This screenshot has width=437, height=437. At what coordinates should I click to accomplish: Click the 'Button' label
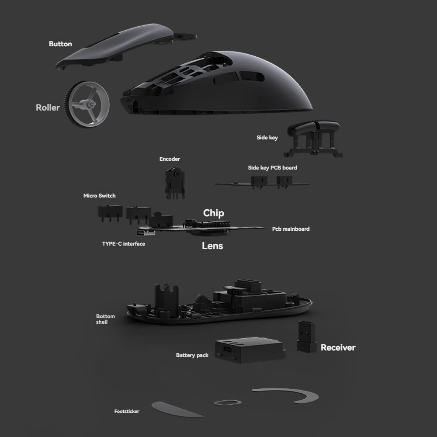[x=60, y=44]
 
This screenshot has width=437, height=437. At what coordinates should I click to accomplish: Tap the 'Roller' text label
[x=48, y=108]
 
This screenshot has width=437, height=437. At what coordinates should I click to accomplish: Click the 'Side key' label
[x=267, y=138]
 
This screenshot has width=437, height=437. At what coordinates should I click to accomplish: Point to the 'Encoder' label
[x=170, y=159]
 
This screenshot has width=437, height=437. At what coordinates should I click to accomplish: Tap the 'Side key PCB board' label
[x=272, y=168]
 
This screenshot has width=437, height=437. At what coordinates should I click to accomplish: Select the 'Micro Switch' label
[x=100, y=196]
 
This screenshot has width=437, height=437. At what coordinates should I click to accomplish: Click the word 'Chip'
[x=213, y=213]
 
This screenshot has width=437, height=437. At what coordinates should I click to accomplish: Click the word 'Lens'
[x=212, y=246]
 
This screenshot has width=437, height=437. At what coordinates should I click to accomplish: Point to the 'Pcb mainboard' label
[x=291, y=229]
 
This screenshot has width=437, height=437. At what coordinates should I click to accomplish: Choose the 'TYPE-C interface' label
[x=123, y=244]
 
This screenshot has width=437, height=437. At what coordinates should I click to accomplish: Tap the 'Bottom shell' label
[x=105, y=319]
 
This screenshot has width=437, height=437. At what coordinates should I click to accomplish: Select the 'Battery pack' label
[x=192, y=356]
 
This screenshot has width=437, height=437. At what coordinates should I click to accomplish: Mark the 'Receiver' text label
[x=338, y=348]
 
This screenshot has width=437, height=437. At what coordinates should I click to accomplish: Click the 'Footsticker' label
[x=127, y=412]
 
